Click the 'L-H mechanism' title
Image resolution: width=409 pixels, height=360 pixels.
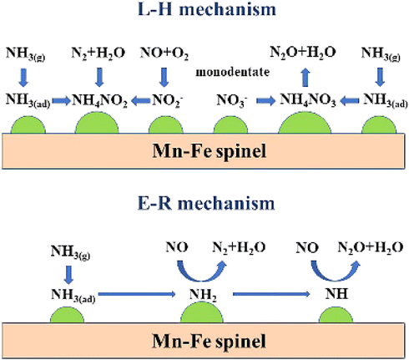pos(207,9)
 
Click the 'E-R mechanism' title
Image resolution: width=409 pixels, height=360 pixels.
pos(206,204)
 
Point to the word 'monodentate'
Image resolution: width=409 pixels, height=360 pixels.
pos(233,72)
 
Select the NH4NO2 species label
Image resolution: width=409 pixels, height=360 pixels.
pos(99,100)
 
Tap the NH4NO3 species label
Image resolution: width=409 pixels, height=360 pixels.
pos(308,99)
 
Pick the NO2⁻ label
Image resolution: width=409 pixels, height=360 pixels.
pos(167,100)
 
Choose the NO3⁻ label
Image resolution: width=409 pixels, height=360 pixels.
pos(232,100)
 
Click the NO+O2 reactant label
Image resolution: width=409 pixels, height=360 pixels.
pos(164,53)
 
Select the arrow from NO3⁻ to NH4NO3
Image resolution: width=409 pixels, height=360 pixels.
pos(265,100)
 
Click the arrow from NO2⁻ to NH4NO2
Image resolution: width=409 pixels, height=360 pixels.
pos(141,101)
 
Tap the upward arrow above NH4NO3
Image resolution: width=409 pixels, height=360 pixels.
pos(305,77)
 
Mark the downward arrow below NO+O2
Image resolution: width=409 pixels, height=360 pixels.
pos(164,77)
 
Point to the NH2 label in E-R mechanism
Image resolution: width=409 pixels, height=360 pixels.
pos(203,295)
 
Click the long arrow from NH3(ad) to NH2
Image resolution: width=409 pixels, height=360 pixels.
pos(137,294)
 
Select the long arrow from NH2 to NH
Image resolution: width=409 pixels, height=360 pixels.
pos(271,294)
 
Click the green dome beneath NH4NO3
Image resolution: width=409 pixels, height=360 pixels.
pos(305,123)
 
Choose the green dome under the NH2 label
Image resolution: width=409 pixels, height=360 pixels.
pos(202,312)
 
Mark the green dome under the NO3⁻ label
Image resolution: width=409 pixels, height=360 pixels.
pos(230,125)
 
